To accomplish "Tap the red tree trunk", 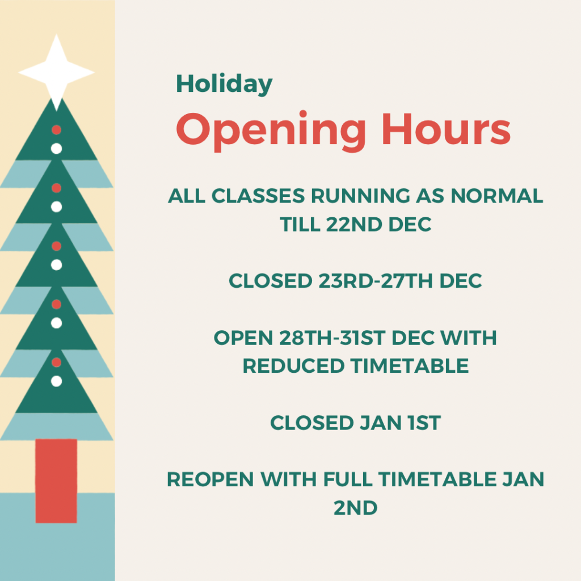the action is pyautogui.click(x=56, y=481).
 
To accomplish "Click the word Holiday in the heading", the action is pyautogui.click(x=224, y=84).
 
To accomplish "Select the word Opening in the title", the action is pyautogui.click(x=271, y=131).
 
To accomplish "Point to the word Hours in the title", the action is pyautogui.click(x=446, y=129).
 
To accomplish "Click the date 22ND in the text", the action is pyautogui.click(x=354, y=225).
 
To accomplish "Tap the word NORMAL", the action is pyautogui.click(x=496, y=196).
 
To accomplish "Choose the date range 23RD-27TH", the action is pyautogui.click(x=375, y=281).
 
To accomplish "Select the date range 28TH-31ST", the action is pyautogui.click(x=332, y=338).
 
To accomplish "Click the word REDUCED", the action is pyautogui.click(x=293, y=366).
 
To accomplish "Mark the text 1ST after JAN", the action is pyautogui.click(x=424, y=423).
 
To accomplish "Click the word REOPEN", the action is pyautogui.click(x=210, y=479).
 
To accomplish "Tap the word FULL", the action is pyautogui.click(x=348, y=479).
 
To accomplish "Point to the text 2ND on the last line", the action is pyautogui.click(x=355, y=508).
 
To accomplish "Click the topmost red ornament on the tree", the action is pyautogui.click(x=56, y=130).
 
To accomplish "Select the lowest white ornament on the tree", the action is pyautogui.click(x=56, y=381).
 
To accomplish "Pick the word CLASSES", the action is pyautogui.click(x=258, y=196).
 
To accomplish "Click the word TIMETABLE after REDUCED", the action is pyautogui.click(x=410, y=366).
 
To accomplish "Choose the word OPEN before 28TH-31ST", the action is pyautogui.click(x=243, y=338).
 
